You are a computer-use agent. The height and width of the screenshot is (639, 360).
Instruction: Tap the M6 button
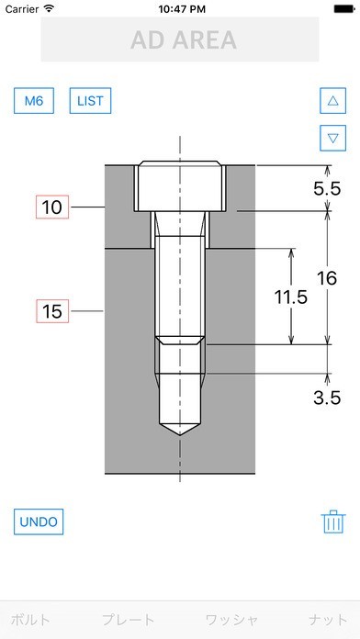pos(34,101)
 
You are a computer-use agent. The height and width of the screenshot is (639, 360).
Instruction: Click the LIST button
pos(90,101)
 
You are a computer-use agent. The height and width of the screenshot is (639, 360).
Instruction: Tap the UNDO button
pos(39,521)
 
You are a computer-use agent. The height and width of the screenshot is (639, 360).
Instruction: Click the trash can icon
pos(333,521)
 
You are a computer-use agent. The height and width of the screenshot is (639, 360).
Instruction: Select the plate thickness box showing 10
pos(52,207)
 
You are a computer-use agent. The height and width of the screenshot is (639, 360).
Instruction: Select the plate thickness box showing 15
pos(52,311)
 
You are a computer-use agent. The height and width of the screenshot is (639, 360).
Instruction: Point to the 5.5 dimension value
pos(327,189)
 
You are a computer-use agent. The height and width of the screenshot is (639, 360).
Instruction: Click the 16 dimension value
pos(327,278)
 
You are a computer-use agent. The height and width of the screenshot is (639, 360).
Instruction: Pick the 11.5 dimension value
pos(290,297)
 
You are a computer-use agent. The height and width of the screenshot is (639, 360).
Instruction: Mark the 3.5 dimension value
pos(327,398)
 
